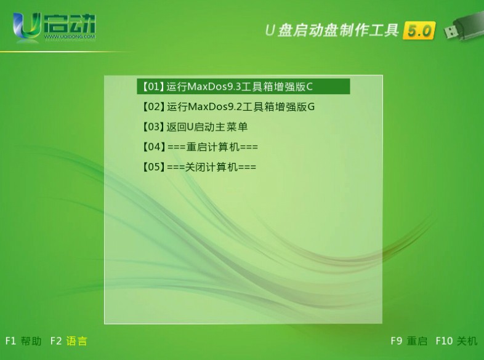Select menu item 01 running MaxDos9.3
(x=243, y=86)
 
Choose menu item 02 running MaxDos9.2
(x=228, y=106)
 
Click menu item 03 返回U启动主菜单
(x=195, y=127)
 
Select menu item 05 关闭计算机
(x=199, y=167)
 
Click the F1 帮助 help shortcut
(x=23, y=341)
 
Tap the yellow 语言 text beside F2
(x=77, y=341)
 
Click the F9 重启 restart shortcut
(x=409, y=341)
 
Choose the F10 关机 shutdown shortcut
(x=456, y=341)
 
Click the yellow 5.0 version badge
(x=419, y=31)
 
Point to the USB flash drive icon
(x=464, y=26)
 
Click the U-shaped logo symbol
(x=27, y=26)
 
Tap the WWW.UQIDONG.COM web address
(x=70, y=37)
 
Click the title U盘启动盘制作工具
(x=332, y=30)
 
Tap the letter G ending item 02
(x=311, y=106)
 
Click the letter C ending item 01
(x=310, y=87)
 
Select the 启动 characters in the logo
(x=70, y=23)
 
